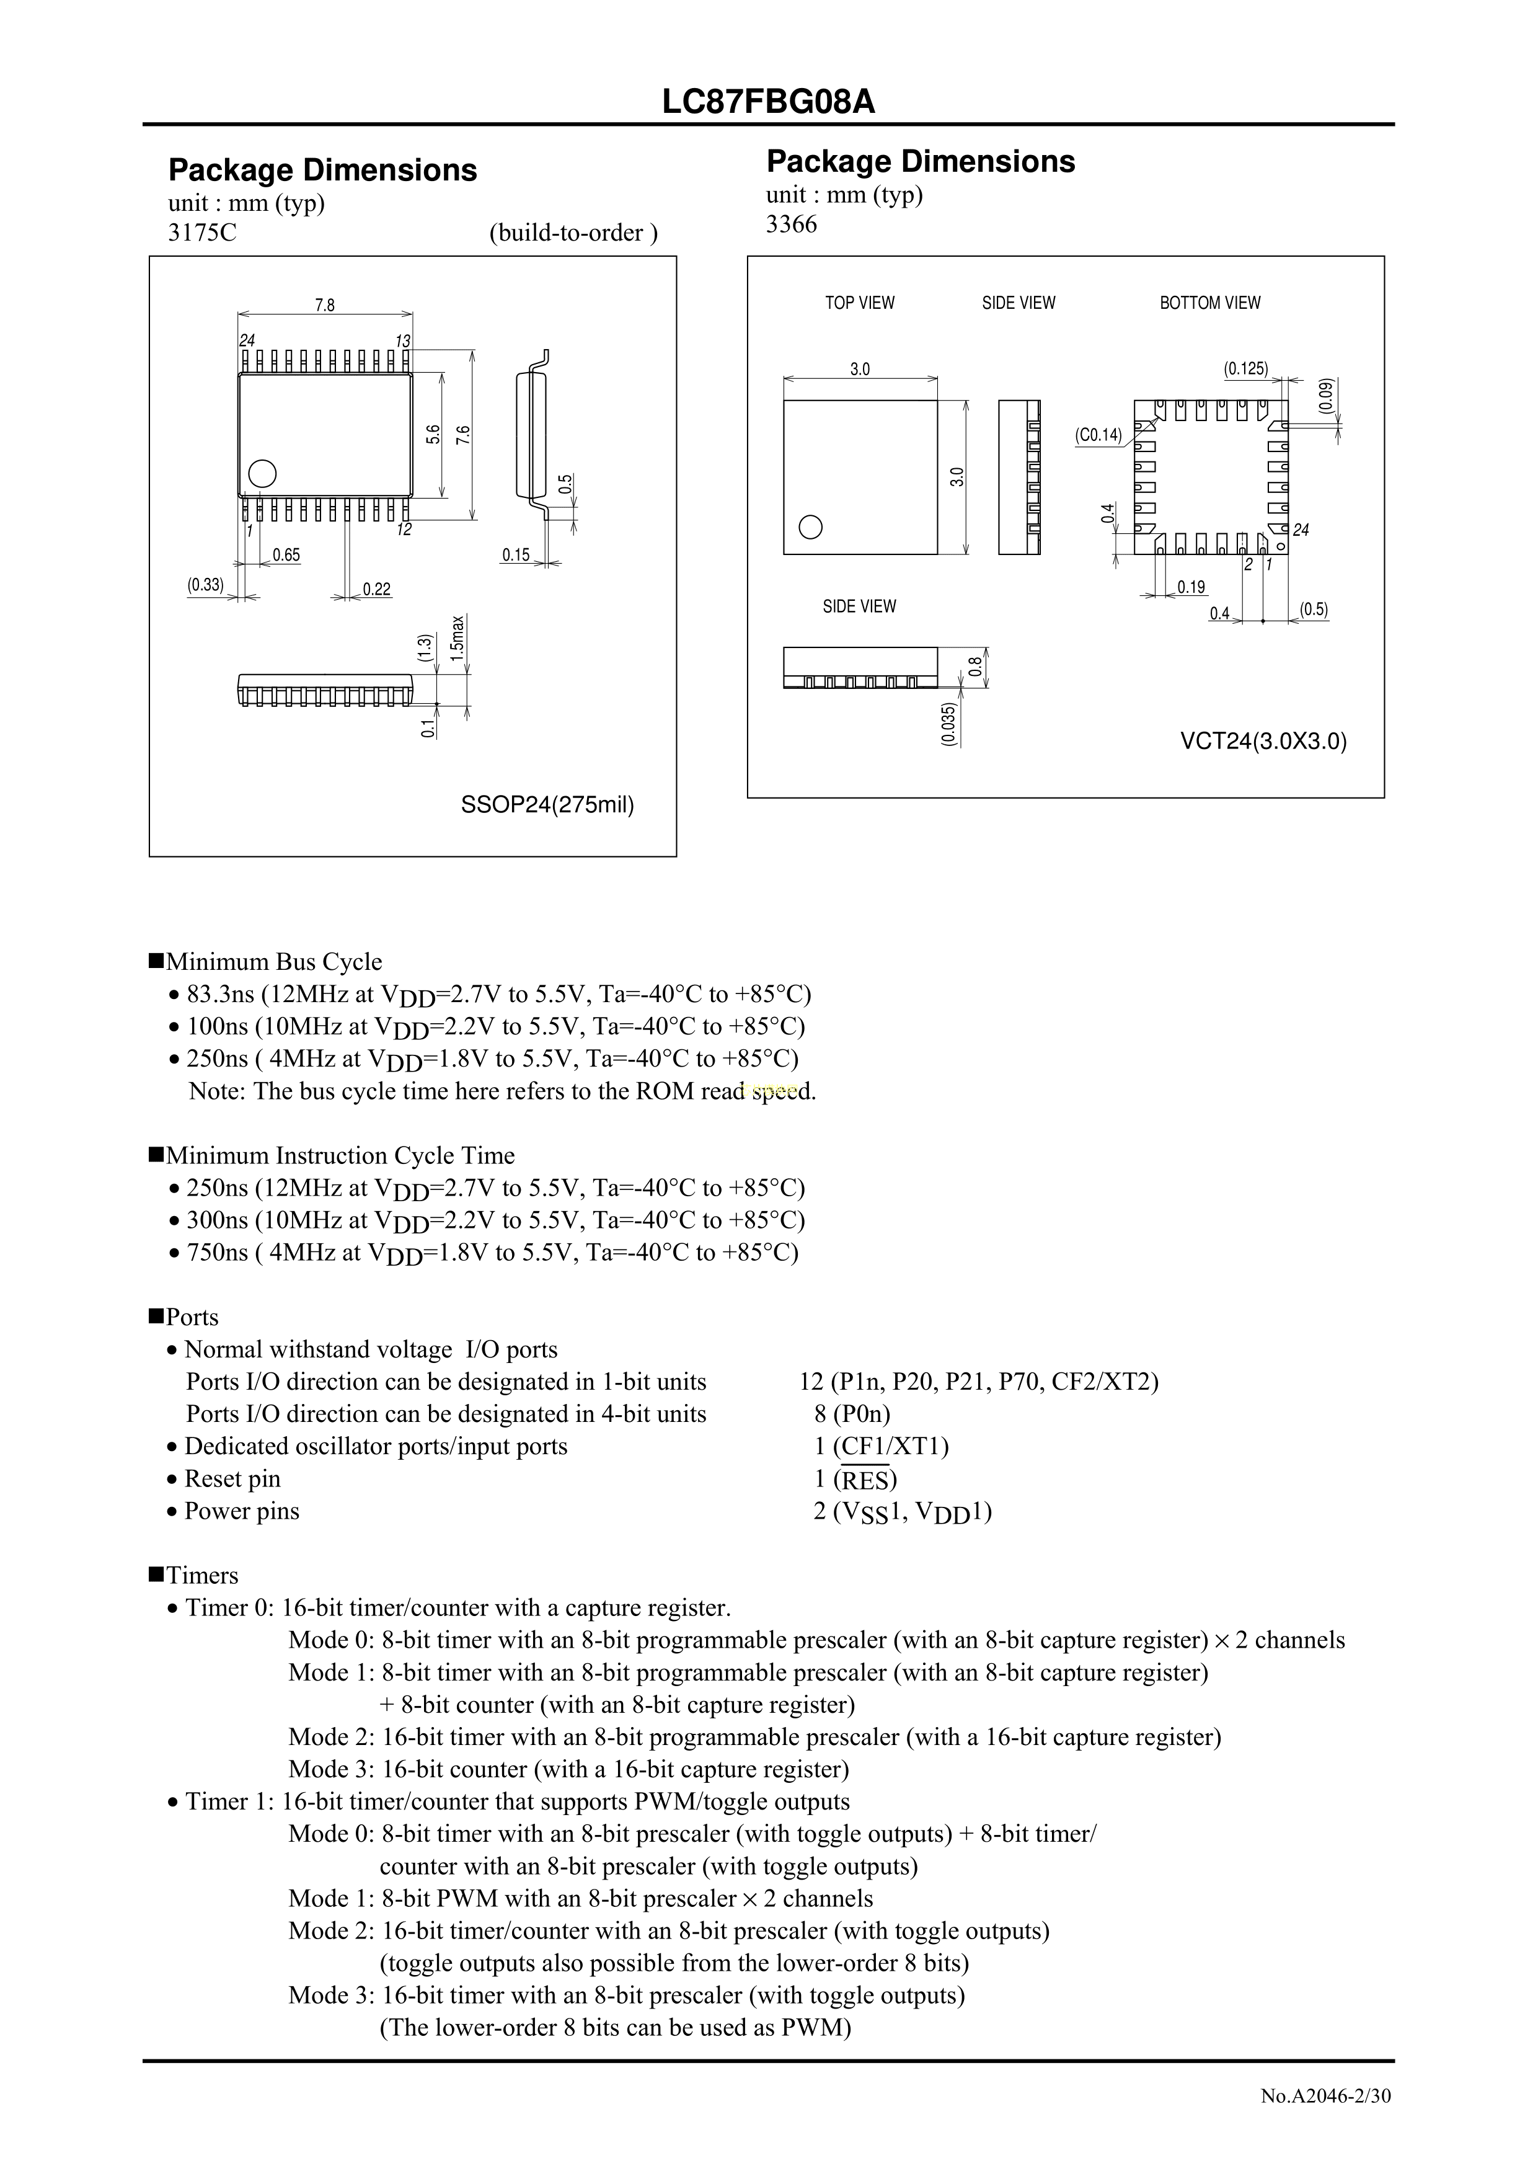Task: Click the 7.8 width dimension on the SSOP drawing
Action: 324,305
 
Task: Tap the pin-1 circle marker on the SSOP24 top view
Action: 262,473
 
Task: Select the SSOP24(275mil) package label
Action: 547,805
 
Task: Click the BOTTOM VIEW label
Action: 1209,303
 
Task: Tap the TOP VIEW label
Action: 859,303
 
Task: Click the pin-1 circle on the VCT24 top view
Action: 810,527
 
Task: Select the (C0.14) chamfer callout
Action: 1097,435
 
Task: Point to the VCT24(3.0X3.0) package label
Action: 1262,740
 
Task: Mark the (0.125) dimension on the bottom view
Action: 1245,369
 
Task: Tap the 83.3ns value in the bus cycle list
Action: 221,994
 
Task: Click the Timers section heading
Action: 201,1575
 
